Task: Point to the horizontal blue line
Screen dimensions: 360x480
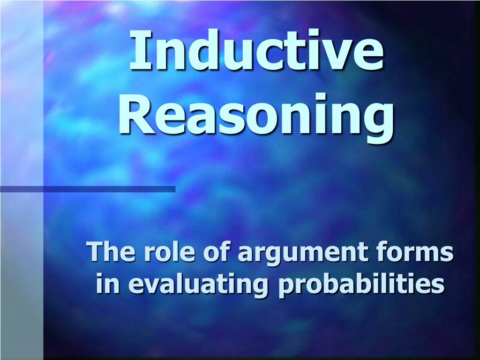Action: [x=88, y=189]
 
